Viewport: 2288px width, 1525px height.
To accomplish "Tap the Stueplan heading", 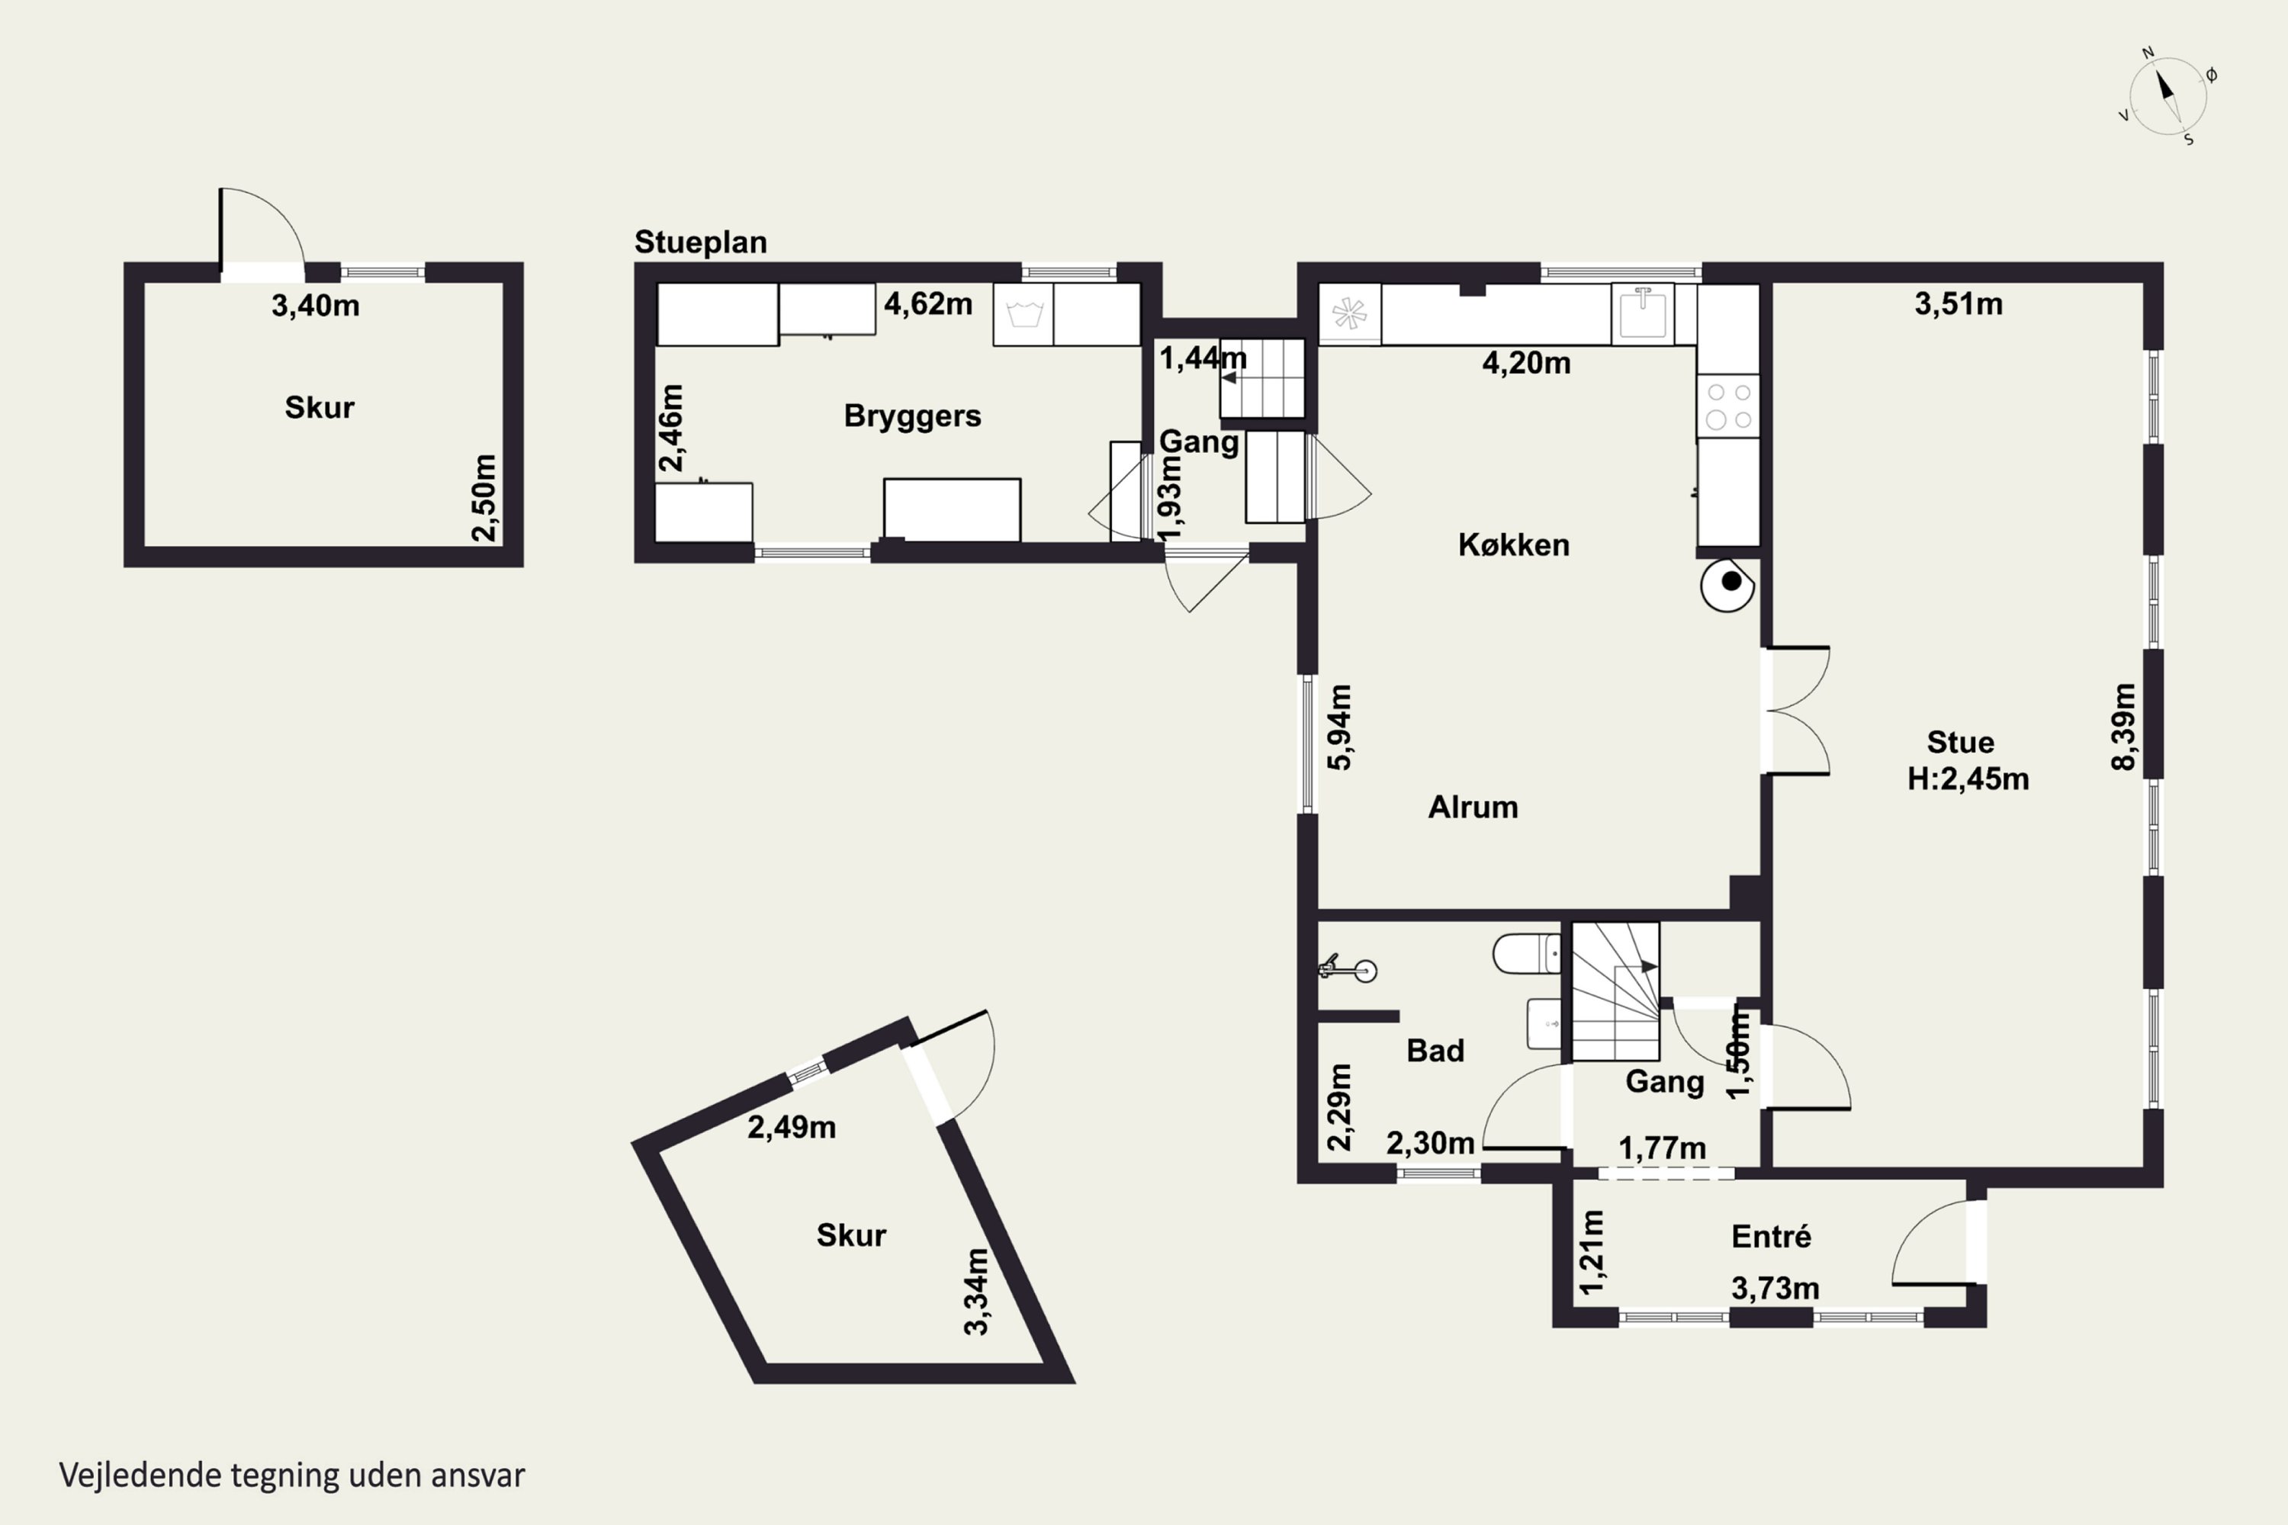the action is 700,242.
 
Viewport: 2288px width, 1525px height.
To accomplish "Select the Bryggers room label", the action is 912,416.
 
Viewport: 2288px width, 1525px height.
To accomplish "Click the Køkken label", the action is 1514,544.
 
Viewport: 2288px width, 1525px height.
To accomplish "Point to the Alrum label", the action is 1473,807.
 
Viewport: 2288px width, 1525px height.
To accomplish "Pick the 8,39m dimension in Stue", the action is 2125,727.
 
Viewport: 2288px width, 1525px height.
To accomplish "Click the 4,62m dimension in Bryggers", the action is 928,304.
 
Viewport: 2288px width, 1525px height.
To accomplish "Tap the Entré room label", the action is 1772,1236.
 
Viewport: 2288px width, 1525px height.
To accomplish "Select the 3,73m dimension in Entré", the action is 1775,1289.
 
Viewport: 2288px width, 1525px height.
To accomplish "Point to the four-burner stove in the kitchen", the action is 1729,406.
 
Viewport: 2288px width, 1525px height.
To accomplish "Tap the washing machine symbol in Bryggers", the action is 1023,314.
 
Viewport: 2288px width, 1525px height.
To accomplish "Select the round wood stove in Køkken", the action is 1727,585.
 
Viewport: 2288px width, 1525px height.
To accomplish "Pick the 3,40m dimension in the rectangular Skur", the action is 315,306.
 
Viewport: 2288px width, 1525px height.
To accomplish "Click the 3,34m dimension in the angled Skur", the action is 977,1292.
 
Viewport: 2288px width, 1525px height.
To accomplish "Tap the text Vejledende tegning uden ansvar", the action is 292,1475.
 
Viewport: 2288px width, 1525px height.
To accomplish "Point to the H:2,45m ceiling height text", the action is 1968,779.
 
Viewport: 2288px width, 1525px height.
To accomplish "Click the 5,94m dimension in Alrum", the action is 1339,727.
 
